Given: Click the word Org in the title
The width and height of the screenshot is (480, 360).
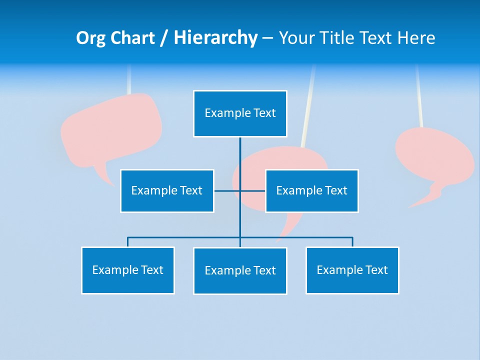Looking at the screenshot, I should tap(90, 38).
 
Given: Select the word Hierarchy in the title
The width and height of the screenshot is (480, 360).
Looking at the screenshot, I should tap(215, 38).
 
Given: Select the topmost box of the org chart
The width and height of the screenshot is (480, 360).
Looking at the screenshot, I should tap(240, 113).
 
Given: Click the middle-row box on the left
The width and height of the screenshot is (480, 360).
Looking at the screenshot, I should tap(167, 191).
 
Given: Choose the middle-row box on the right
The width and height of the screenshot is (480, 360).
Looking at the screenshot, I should tap(311, 191).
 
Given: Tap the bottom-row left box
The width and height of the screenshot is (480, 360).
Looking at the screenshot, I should tap(128, 270).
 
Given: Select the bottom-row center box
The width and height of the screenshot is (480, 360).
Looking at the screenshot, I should tap(240, 271).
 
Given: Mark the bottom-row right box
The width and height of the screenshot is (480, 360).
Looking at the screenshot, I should tap(352, 270).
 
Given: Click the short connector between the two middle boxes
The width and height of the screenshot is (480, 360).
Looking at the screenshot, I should tap(227, 190).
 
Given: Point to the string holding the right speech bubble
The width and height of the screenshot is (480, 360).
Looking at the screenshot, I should tap(418, 95).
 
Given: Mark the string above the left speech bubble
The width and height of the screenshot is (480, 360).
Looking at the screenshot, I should tap(129, 80).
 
